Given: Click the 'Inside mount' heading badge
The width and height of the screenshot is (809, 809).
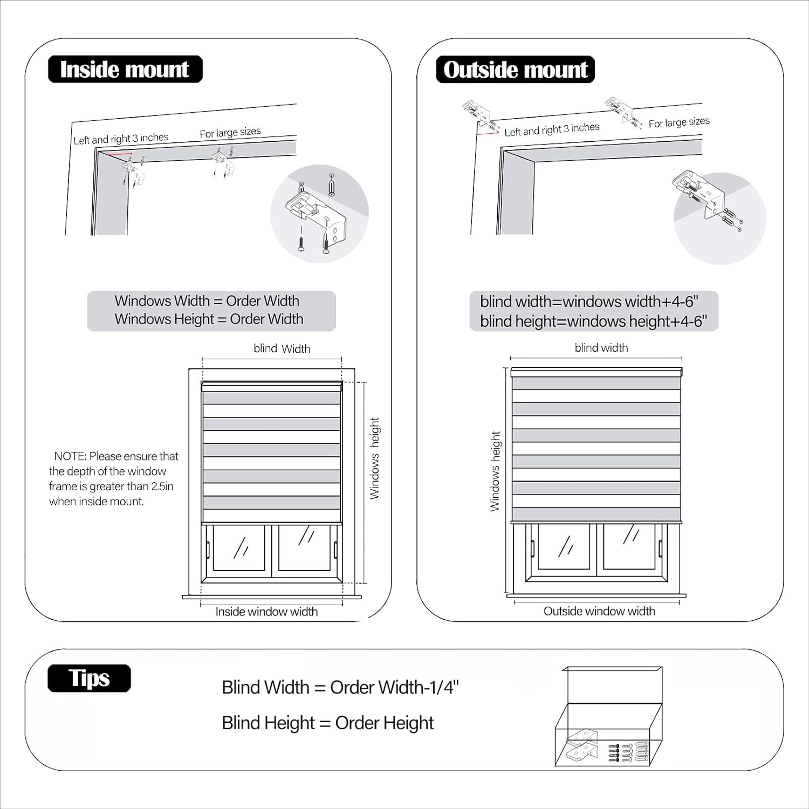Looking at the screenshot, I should tap(125, 70).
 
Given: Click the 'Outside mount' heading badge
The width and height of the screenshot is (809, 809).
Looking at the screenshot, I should tap(515, 70).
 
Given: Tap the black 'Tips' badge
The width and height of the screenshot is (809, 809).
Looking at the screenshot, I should tap(89, 678).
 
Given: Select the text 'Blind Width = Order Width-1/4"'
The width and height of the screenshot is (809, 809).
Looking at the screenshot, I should tap(340, 687).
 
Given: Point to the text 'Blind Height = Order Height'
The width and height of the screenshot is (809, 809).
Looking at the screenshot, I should tap(328, 723).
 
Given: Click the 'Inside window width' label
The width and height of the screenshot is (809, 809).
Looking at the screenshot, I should tap(266, 612).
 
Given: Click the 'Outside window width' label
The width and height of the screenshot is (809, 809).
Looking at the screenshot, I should tap(599, 611).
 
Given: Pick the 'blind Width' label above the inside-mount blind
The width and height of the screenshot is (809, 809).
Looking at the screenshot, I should tap(282, 349).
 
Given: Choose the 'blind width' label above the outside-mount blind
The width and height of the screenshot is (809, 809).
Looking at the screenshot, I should tap(601, 348).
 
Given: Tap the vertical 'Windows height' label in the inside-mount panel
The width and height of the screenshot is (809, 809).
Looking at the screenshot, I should tap(375, 458).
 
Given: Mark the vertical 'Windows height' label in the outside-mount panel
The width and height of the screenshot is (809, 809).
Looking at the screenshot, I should tap(495, 471).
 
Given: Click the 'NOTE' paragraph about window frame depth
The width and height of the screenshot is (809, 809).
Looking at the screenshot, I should tap(113, 478).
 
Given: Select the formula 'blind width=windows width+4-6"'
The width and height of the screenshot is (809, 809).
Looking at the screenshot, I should tap(589, 301).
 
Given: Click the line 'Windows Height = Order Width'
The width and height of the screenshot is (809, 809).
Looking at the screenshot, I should tap(209, 319).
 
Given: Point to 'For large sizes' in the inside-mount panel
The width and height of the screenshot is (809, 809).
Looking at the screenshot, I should tap(230, 133).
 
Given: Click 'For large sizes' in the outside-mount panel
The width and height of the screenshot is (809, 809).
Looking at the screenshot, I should tap(679, 122).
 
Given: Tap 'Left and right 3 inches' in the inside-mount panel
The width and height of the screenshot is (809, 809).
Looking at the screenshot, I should tap(121, 139).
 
